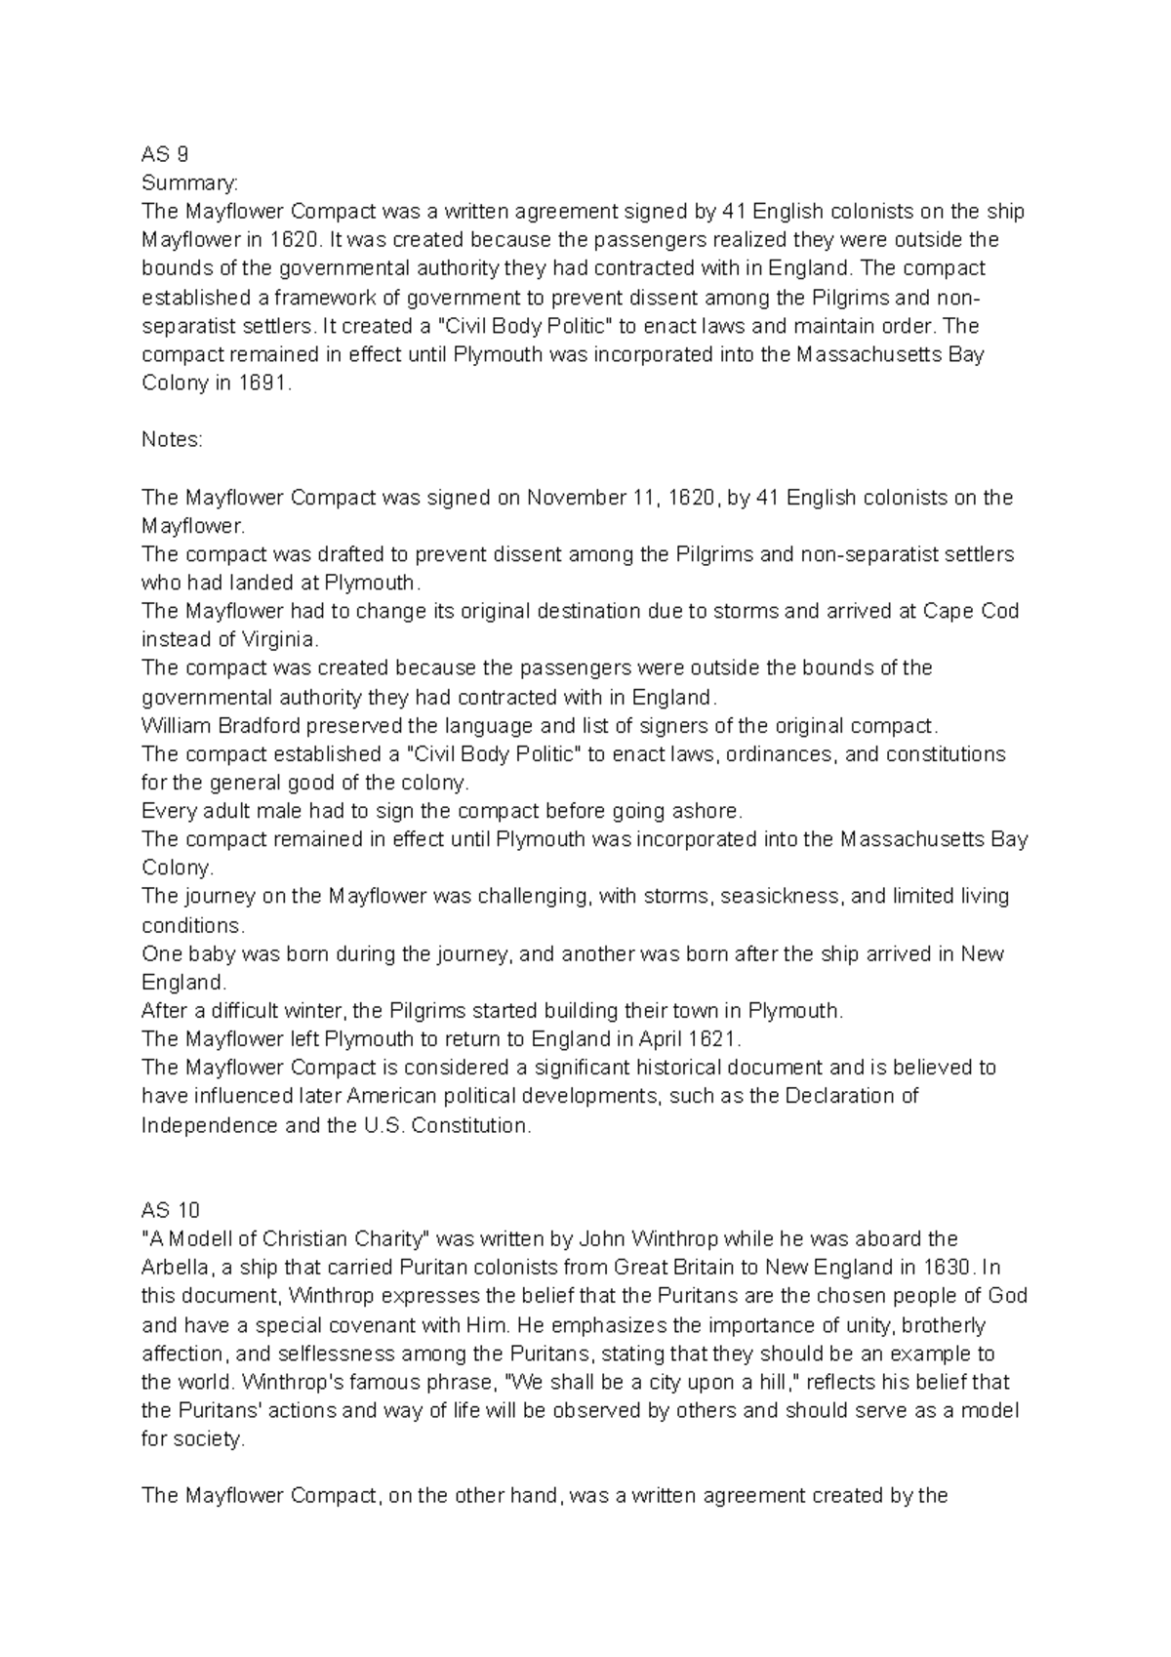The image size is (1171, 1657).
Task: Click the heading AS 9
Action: pos(165,154)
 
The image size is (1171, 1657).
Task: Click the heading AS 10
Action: pos(170,1210)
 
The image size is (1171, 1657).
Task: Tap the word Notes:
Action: pos(172,439)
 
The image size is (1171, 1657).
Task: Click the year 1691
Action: pos(263,384)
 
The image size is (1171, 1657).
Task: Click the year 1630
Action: pos(947,1268)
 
